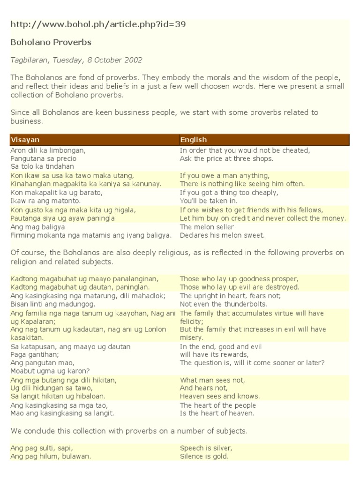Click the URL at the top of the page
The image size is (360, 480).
[x=98, y=24]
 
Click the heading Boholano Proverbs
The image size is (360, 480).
[x=51, y=42]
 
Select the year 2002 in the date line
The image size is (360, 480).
[x=133, y=60]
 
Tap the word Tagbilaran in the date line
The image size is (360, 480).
[x=30, y=60]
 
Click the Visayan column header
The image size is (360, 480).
[x=25, y=140]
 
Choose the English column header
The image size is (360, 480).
[x=193, y=140]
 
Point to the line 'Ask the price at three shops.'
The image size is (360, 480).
[x=226, y=158]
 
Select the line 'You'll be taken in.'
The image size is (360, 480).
[x=209, y=200]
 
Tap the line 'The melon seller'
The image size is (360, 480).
[x=206, y=227]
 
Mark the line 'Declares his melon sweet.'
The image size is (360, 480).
[x=222, y=235]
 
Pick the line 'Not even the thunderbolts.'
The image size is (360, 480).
[x=224, y=304]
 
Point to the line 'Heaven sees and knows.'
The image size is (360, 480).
[x=220, y=396]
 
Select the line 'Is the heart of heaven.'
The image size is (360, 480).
[x=217, y=413]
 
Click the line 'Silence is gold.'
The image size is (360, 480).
[x=204, y=456]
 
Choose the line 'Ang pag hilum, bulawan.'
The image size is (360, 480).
[x=51, y=456]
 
